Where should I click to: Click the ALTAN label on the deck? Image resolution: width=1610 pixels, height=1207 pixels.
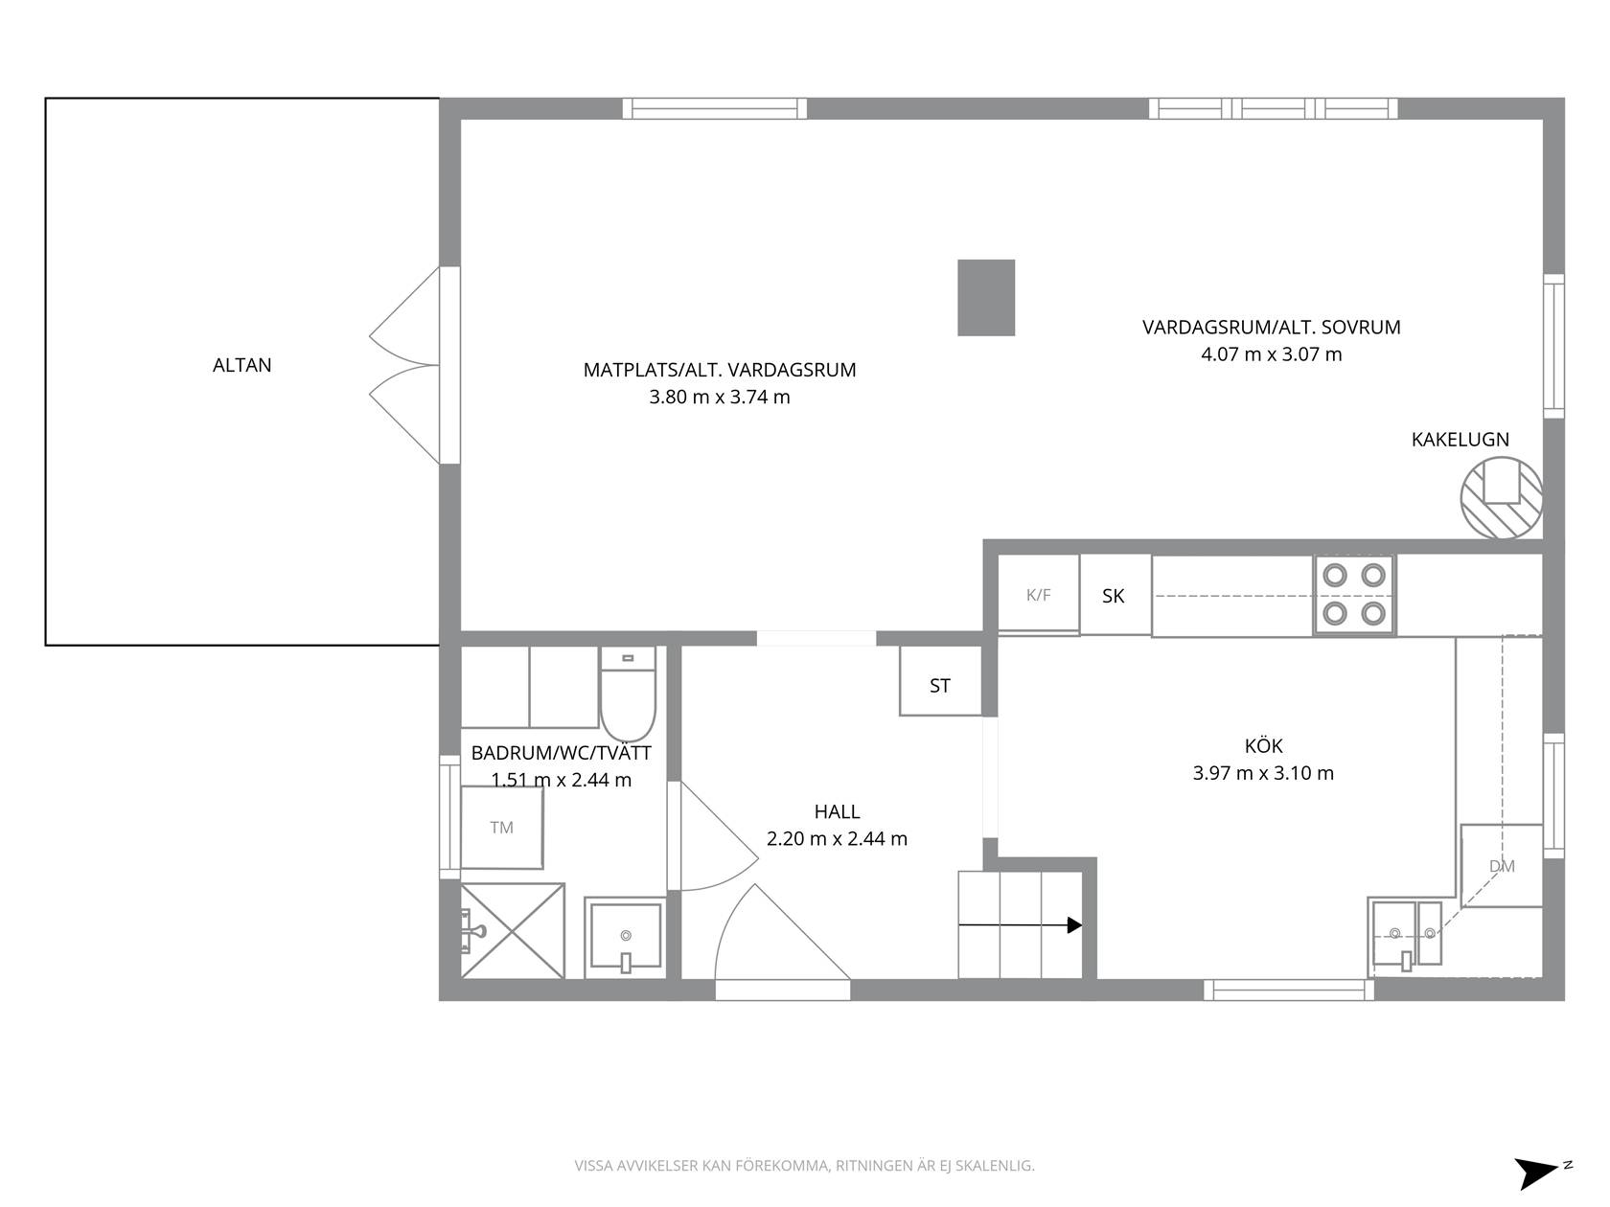(x=241, y=365)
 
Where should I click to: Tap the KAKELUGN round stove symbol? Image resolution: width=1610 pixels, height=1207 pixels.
(x=1501, y=497)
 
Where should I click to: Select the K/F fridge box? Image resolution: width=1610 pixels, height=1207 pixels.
(x=1038, y=594)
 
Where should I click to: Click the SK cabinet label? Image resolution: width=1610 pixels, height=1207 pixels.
(x=1113, y=597)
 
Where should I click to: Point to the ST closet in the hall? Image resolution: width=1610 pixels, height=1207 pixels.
(x=940, y=680)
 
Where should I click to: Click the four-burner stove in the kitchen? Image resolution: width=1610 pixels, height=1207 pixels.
(x=1353, y=595)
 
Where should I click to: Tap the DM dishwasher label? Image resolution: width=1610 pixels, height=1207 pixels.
(x=1502, y=866)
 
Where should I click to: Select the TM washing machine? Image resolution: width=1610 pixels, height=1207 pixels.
(x=502, y=828)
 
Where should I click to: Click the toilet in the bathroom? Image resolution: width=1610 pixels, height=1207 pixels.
(x=627, y=694)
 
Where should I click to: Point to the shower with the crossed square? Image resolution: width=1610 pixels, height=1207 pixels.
(x=513, y=931)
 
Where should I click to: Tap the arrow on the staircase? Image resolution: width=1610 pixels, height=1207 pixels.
(x=1021, y=924)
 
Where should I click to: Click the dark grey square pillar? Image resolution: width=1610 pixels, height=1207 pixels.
(x=986, y=298)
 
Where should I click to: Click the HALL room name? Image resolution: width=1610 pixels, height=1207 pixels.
(x=837, y=811)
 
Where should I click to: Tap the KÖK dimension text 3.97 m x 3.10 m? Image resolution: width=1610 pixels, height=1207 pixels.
(x=1263, y=773)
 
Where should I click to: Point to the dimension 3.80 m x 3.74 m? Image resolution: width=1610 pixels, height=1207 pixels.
(x=720, y=398)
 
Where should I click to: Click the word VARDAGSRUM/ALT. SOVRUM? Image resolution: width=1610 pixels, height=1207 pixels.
(x=1271, y=327)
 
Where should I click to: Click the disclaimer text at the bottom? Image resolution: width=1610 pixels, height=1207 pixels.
(x=805, y=1166)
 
